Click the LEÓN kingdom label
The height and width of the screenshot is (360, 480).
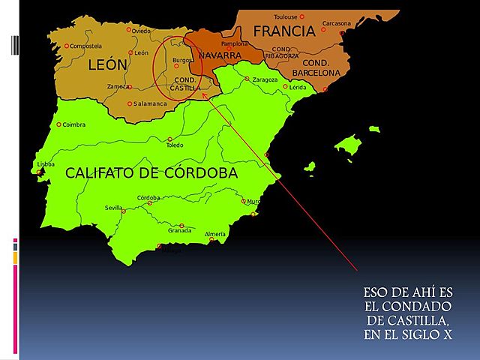(108, 65)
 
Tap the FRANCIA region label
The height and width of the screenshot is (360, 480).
(283, 31)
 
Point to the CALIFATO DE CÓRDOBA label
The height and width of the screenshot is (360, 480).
(151, 173)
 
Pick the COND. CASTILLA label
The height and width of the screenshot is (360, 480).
(185, 83)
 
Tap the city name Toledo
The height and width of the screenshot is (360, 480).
(175, 145)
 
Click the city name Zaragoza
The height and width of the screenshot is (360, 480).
(265, 79)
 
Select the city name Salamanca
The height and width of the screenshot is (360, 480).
(150, 103)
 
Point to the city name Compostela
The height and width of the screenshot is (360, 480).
(85, 46)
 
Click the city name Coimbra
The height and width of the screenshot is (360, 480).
(74, 124)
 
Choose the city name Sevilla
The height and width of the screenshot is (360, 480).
(114, 207)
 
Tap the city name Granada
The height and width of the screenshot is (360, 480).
(180, 231)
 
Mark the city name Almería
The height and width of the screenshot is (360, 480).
(215, 235)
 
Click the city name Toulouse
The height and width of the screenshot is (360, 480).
(285, 16)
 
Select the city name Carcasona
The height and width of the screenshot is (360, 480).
(337, 23)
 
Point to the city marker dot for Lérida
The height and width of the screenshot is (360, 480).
(286, 87)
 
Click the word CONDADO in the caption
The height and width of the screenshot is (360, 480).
(418, 307)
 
